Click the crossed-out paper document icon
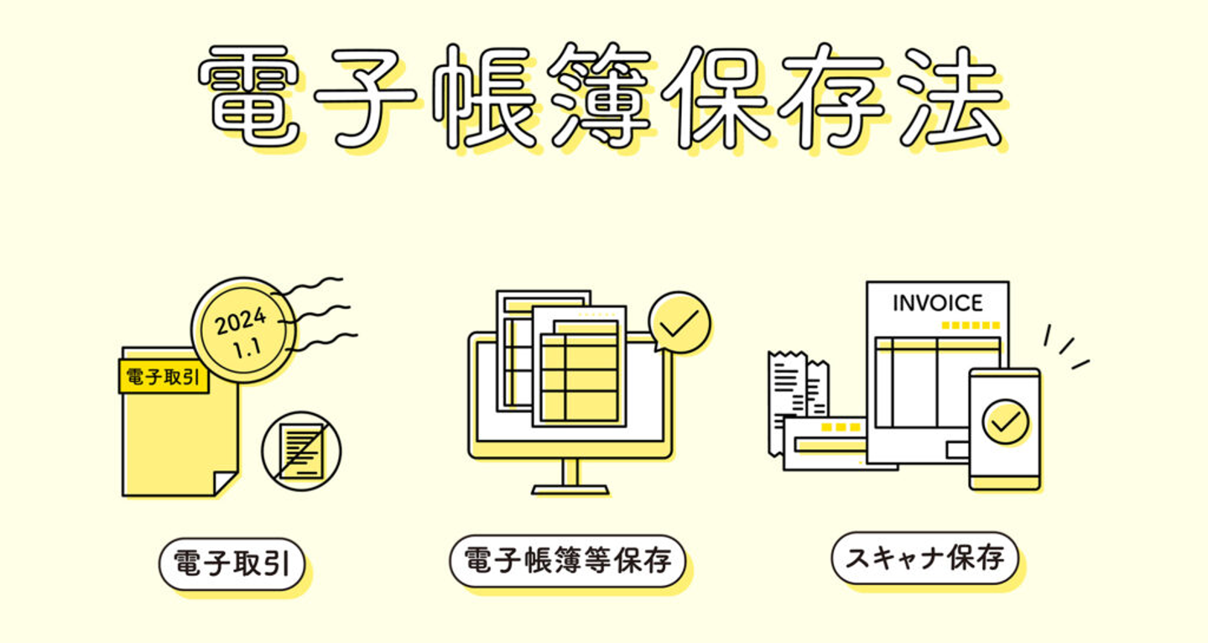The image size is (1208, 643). click(x=301, y=450)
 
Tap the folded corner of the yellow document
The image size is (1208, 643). click(x=225, y=483)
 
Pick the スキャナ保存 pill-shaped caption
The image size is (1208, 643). click(x=924, y=557)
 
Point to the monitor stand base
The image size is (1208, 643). click(x=570, y=488)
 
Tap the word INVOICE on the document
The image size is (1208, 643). click(x=937, y=303)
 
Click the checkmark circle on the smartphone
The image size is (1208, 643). click(x=1005, y=421)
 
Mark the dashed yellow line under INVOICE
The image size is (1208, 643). click(x=971, y=325)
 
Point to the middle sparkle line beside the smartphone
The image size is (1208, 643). click(x=1066, y=346)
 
